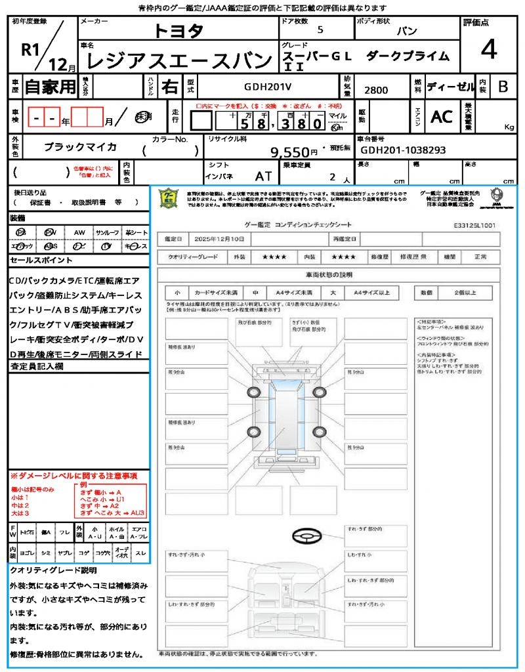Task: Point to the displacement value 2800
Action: point(376,90)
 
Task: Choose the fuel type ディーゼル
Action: point(450,86)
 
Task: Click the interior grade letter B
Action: point(503,86)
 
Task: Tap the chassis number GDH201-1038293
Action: point(403,150)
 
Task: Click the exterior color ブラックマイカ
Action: point(80,148)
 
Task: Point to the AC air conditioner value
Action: point(442,116)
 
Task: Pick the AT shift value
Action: point(264,176)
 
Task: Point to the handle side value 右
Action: point(169,86)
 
